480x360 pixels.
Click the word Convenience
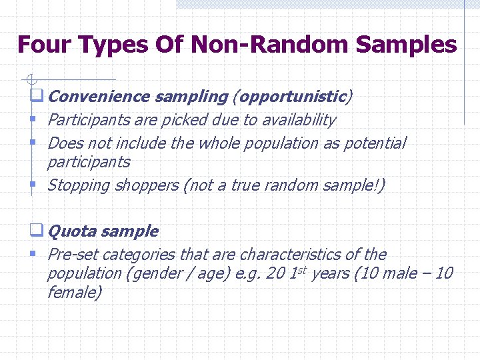[x=99, y=97]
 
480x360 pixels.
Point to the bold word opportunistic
[x=292, y=97]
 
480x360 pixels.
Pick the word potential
[x=374, y=143]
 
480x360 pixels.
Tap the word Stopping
[x=78, y=185]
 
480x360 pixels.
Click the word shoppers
[x=146, y=185]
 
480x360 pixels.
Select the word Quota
[x=72, y=231]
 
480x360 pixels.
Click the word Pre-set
[x=71, y=255]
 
